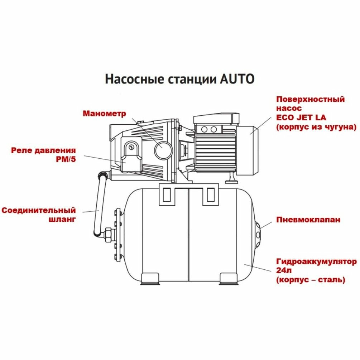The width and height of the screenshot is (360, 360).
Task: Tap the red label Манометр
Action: [x=104, y=114]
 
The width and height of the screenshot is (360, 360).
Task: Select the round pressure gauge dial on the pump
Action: [x=163, y=150]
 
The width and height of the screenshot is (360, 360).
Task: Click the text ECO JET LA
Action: [x=301, y=117]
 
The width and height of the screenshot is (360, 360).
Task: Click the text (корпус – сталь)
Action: [x=311, y=279]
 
